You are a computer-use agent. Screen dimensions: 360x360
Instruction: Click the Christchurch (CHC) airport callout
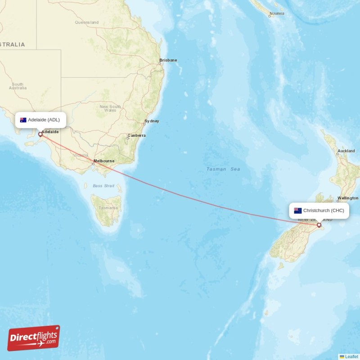coord(319,211)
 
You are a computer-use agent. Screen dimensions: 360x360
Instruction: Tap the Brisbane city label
coord(168,60)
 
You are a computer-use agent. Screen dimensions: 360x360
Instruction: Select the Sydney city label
coord(152,121)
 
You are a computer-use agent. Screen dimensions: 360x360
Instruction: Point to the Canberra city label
coord(136,135)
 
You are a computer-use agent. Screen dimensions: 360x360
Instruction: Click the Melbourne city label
coord(104,161)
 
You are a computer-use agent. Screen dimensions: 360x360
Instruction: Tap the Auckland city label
coord(346,151)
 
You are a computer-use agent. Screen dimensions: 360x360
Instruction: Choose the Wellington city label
coord(348,198)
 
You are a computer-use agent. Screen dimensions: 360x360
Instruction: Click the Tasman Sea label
coord(223,169)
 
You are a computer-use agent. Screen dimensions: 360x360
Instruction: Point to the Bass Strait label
coord(103,185)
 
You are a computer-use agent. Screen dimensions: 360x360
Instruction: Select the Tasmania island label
coord(108,208)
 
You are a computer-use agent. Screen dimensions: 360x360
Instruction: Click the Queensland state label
coord(87,22)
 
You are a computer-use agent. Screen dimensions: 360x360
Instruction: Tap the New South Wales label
coord(110,108)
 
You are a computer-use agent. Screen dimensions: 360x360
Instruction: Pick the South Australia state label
coord(18,86)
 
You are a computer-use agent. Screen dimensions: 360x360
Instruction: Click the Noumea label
coord(276,13)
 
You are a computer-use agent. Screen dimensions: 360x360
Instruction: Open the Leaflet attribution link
coord(351,357)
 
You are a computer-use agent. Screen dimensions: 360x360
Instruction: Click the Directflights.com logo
coord(34,338)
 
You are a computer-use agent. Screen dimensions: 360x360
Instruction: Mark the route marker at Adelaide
coord(40,134)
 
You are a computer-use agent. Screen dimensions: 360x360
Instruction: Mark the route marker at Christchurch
coord(319,225)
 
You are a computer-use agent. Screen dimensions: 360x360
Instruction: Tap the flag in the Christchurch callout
coord(298,211)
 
